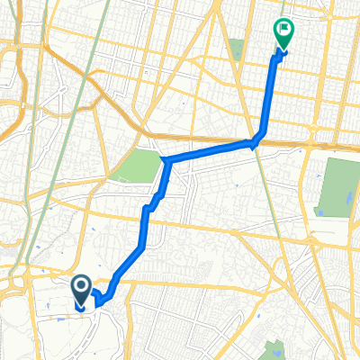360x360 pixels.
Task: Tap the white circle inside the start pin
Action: [x=80, y=287]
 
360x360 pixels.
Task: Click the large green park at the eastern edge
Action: [x=337, y=187]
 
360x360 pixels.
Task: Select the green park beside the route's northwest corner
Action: [x=138, y=166]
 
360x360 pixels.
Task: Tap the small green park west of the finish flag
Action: [x=237, y=49]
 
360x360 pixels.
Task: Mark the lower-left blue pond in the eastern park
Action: [x=318, y=212]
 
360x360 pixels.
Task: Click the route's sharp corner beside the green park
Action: [x=165, y=161]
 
